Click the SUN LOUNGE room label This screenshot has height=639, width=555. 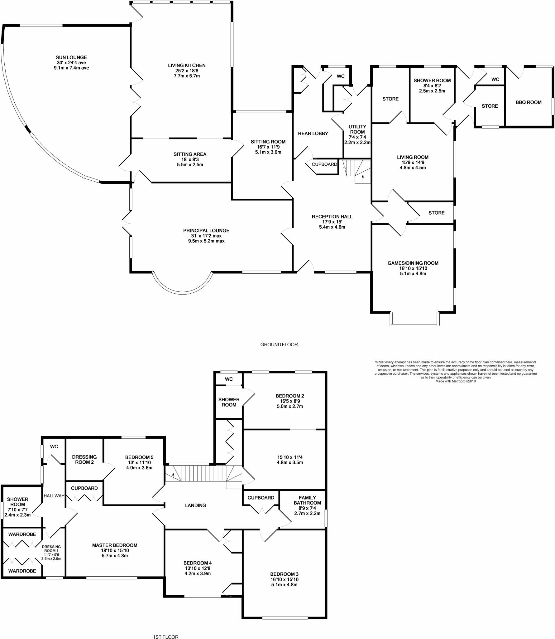71,57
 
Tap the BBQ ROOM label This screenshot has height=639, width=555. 529,102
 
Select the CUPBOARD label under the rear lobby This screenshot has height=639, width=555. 324,164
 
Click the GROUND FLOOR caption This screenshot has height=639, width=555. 279,345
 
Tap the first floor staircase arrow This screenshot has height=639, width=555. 173,476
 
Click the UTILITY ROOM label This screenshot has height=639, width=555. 357,129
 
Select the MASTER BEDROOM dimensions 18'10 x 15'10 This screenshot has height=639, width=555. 115,550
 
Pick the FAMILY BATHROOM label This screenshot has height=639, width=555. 307,500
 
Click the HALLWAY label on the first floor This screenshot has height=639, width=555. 54,496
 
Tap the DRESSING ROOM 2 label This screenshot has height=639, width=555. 84,459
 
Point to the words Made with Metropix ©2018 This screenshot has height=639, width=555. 456,381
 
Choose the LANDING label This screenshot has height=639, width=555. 195,505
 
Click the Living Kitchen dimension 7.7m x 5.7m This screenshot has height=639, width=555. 186,76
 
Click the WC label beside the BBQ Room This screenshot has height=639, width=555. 495,80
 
